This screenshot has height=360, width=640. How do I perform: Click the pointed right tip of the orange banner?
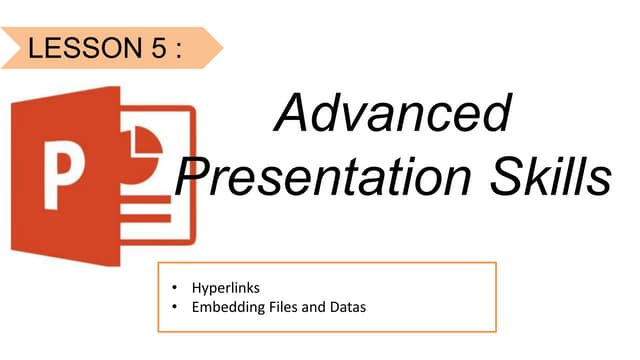click(221, 47)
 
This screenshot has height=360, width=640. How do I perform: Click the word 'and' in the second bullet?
click(313, 307)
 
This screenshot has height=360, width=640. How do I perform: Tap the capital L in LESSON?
click(38, 48)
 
